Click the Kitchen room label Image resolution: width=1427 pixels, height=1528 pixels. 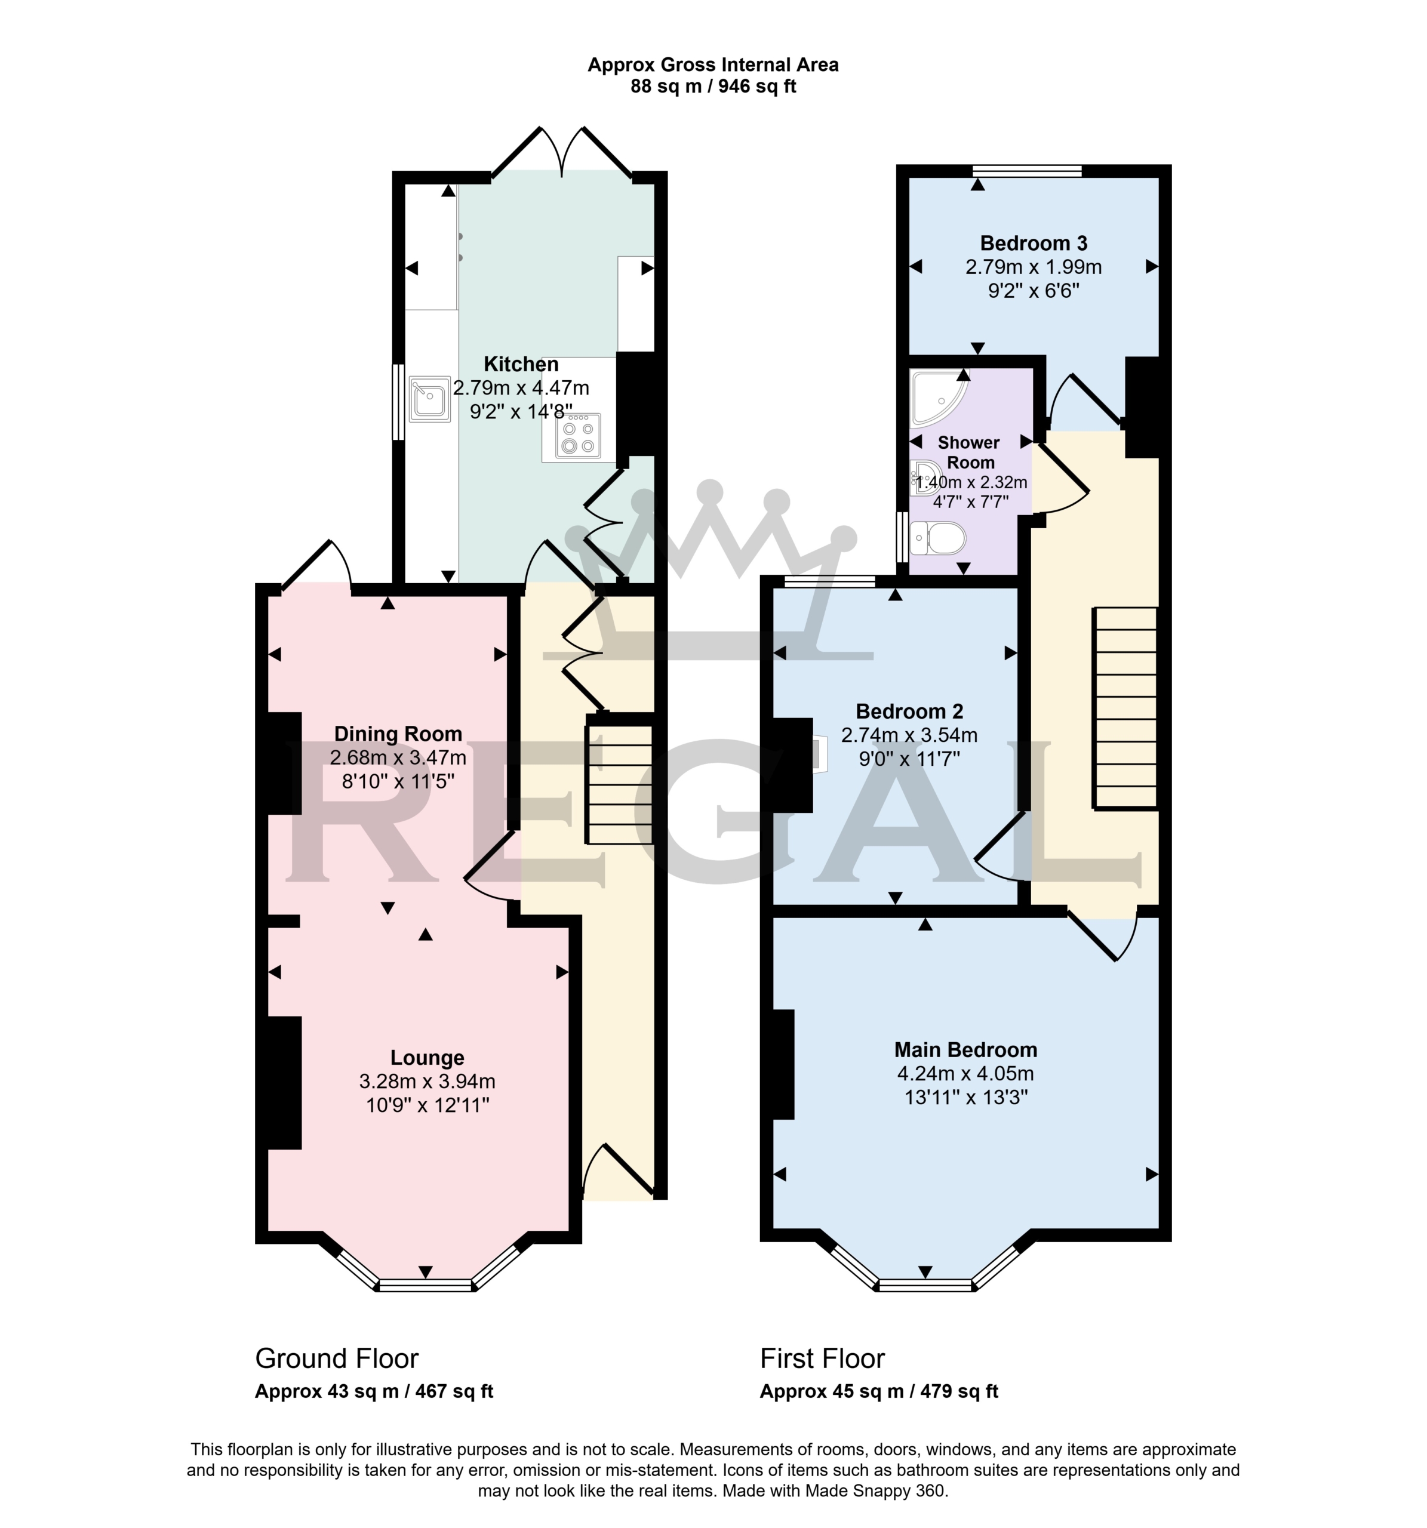click(521, 363)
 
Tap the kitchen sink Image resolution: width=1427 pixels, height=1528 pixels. click(429, 399)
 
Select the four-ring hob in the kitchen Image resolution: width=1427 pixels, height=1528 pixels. click(577, 436)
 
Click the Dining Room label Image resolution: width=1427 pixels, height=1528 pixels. click(398, 734)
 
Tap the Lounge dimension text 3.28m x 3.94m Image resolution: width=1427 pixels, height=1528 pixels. click(427, 1082)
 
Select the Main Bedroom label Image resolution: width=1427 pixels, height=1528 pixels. click(965, 1049)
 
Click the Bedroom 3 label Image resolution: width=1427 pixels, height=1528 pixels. click(1034, 243)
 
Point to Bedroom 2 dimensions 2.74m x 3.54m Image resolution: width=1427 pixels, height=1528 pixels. click(909, 735)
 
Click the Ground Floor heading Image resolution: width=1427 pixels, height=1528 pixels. click(337, 1359)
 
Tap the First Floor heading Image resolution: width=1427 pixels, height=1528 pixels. click(822, 1359)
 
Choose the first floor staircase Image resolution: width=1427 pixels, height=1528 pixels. click(1125, 708)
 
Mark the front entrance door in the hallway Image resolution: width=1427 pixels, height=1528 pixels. click(618, 1173)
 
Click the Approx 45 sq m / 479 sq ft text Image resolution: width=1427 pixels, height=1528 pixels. click(879, 1391)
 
